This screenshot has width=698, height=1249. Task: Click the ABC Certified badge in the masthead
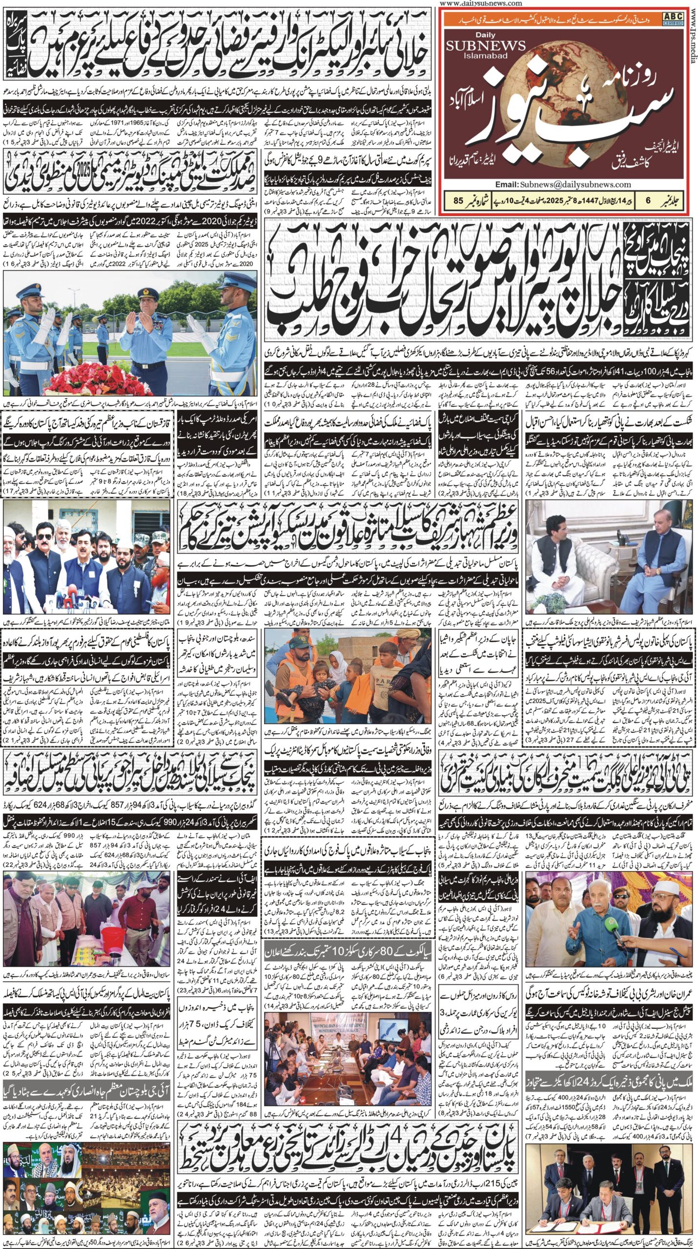pyautogui.click(x=673, y=19)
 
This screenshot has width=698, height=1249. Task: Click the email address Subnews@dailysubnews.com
pyautogui.click(x=563, y=185)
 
